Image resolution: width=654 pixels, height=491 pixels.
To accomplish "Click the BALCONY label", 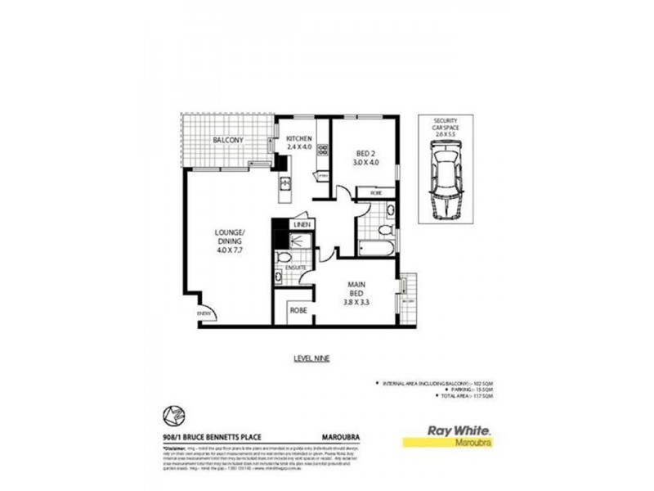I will pyautogui.click(x=228, y=141).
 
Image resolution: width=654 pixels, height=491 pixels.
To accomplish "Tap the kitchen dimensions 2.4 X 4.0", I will pyautogui.click(x=299, y=148).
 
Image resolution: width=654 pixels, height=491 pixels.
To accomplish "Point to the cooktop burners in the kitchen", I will pyautogui.click(x=322, y=150).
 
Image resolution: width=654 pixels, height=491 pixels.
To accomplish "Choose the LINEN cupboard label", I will pyautogui.click(x=302, y=224).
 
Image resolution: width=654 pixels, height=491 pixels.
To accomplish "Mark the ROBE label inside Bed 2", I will pyautogui.click(x=376, y=193).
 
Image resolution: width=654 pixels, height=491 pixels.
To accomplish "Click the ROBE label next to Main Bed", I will pyautogui.click(x=298, y=312).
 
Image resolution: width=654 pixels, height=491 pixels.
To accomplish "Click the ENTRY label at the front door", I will pyautogui.click(x=201, y=313).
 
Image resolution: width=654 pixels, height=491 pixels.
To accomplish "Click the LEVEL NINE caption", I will pyautogui.click(x=310, y=358).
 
